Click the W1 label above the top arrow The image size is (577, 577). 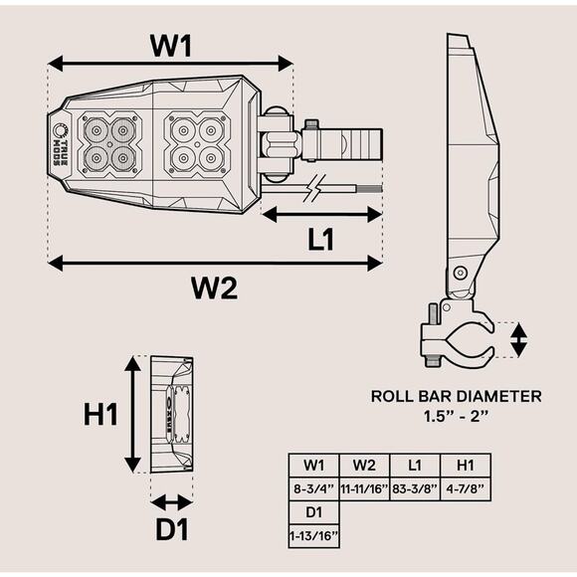[171, 46]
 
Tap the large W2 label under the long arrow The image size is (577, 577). [215, 288]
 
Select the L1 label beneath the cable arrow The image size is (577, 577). [321, 240]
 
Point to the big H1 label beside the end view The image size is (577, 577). [100, 415]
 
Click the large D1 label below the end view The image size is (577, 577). [172, 529]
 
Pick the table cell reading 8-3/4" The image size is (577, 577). [313, 489]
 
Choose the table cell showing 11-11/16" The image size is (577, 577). [364, 489]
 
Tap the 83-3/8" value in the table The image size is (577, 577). [415, 489]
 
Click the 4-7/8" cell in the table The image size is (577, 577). [466, 489]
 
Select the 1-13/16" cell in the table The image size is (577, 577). [313, 536]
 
